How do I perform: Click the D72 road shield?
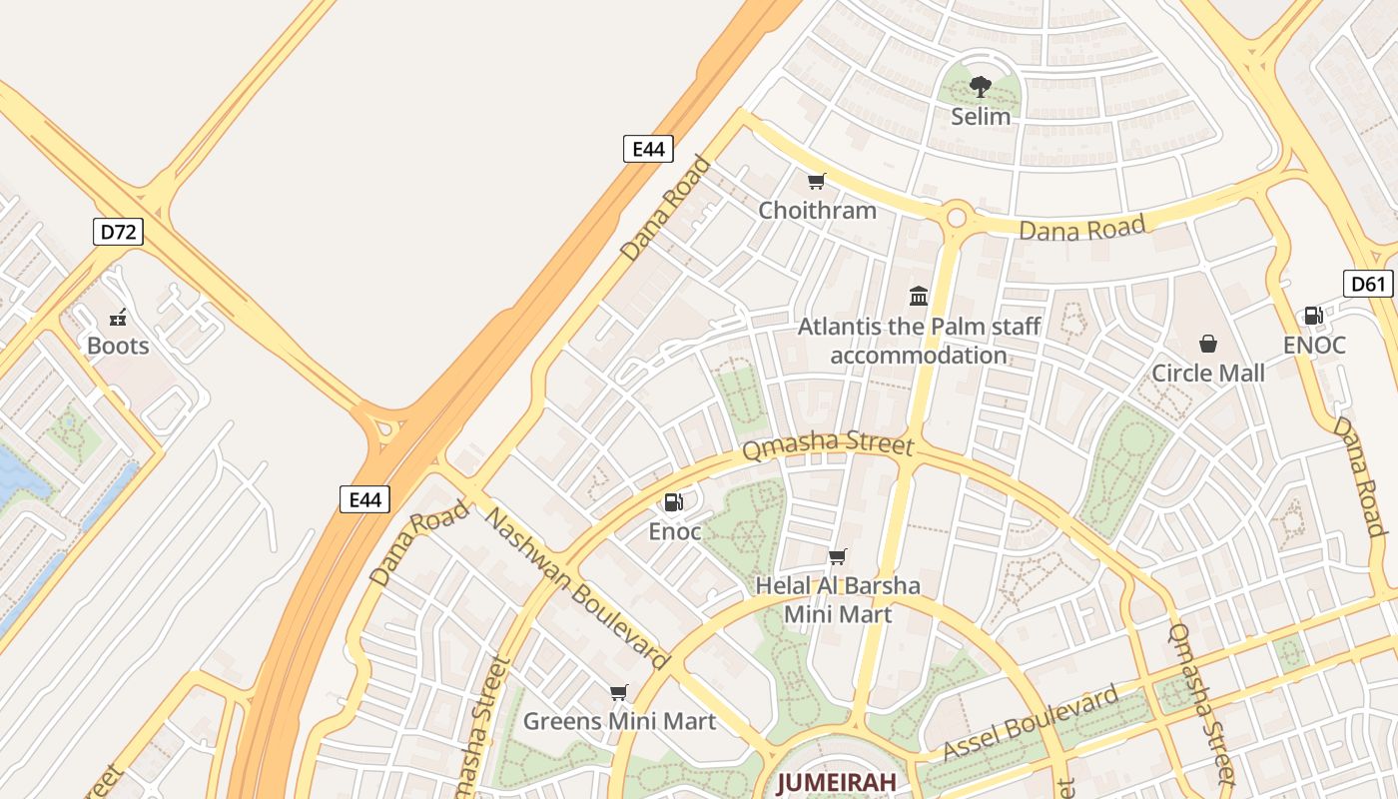[x=118, y=233]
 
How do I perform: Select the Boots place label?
[x=118, y=346]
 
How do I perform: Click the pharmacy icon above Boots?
[x=118, y=319]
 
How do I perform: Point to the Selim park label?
[x=981, y=116]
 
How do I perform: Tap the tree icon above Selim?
[x=981, y=87]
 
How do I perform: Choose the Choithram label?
[x=817, y=210]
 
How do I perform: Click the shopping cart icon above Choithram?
[x=817, y=181]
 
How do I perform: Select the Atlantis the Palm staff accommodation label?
[x=919, y=341]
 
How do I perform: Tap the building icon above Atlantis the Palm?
[x=919, y=296]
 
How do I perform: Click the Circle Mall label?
[x=1208, y=373]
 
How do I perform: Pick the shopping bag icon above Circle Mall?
[x=1208, y=344]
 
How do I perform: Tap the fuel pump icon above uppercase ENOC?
[x=1314, y=316]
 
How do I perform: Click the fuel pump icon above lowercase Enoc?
[x=675, y=502]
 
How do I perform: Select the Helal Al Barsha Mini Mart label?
[x=838, y=599]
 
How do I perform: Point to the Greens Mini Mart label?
[x=619, y=720]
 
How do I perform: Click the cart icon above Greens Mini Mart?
[x=619, y=692]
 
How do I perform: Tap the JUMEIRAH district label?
[x=837, y=782]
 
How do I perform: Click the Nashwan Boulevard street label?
[x=576, y=588]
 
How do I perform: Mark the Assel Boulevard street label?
[x=1032, y=722]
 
